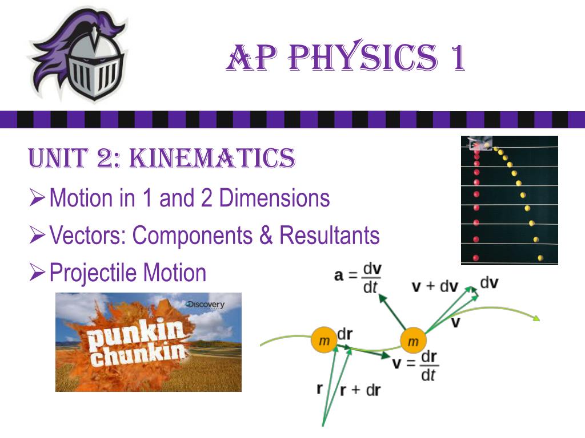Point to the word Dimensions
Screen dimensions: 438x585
[275, 198]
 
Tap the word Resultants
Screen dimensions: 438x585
[330, 235]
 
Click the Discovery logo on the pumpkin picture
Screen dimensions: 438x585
[206, 305]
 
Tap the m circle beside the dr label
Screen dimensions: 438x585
[323, 341]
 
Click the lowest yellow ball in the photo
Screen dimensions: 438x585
[540, 258]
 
